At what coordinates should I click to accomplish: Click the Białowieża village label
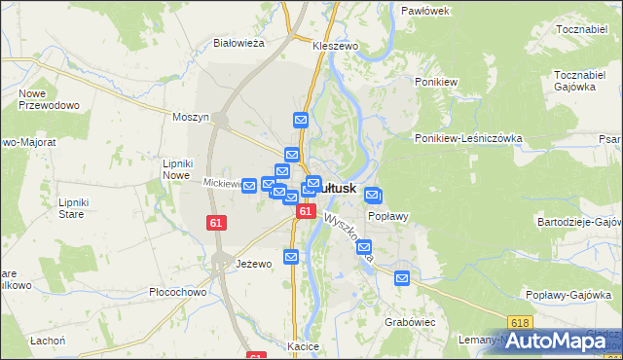tap(239, 43)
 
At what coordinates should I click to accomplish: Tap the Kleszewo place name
tap(336, 46)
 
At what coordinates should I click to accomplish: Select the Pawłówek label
tap(424, 11)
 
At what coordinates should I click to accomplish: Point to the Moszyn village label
tap(191, 117)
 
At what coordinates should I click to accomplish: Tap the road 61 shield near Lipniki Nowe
tap(217, 223)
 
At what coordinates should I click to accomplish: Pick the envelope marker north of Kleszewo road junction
tap(301, 120)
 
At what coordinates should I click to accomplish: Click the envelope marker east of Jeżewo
tap(291, 256)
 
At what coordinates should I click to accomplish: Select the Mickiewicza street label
tap(223, 183)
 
